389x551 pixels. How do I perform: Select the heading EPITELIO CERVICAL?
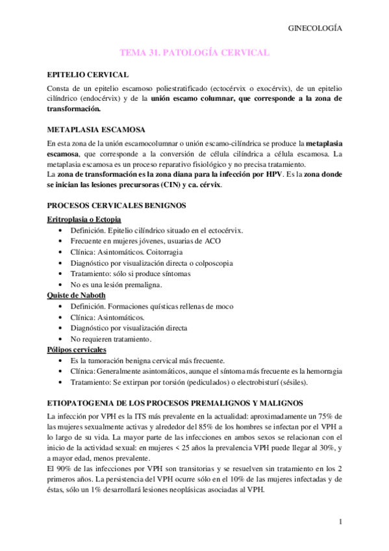(88, 75)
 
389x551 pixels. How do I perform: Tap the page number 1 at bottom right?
(340, 522)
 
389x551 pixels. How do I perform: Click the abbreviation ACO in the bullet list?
(212, 240)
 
